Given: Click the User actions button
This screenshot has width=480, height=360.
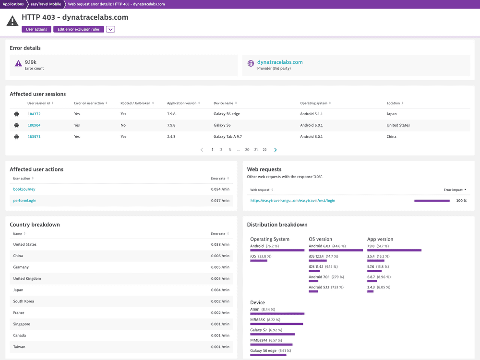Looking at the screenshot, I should coord(36,29).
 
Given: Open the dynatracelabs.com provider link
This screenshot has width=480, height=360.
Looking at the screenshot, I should coord(280,62).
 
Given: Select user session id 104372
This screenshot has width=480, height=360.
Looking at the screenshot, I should coord(34,114).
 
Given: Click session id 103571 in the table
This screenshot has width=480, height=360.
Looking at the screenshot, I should coord(34,136).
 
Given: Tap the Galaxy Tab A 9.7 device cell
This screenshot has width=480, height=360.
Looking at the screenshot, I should coord(228,136).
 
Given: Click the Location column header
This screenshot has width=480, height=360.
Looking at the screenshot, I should coord(395,103).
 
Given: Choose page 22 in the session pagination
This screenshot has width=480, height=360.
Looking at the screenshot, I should coord(264,150).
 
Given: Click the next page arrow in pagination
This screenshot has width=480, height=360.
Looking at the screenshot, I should coord(276,150).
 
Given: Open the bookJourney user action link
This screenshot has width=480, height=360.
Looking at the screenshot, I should coord(24,189).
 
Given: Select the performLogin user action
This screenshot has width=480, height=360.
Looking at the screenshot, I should coord(24,201).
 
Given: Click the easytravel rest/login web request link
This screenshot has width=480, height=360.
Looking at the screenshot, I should coord(293,201).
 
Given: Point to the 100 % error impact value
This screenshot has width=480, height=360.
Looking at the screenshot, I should coord(461,201).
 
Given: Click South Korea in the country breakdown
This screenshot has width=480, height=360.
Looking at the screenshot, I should coord(24,301).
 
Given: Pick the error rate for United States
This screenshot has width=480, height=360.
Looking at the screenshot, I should coord(220,244).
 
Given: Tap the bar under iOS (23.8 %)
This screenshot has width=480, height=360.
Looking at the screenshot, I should coord(259,261).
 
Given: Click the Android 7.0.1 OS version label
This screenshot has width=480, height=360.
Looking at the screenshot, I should coord(319,276).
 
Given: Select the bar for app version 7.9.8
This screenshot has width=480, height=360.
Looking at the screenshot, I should coord(394,250).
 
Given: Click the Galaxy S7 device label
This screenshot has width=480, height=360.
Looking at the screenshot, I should coord(259,330).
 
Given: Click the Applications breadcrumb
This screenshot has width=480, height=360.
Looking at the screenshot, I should coord(12,4).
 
